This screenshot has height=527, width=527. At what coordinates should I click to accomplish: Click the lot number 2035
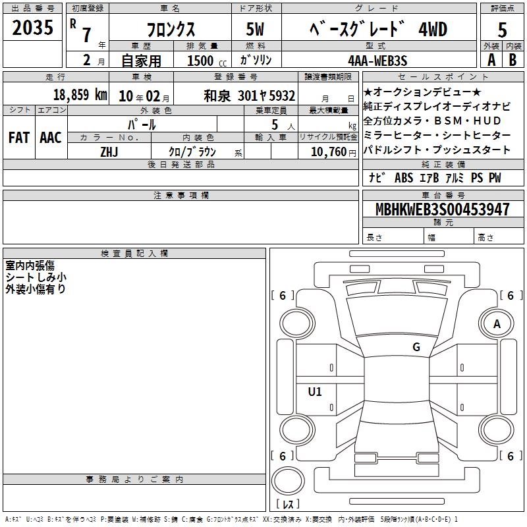click(x=32, y=28)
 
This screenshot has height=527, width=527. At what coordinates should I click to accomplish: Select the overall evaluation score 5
click(x=502, y=30)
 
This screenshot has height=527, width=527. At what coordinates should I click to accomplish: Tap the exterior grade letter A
click(x=491, y=60)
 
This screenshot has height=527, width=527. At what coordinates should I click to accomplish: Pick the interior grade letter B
click(x=513, y=60)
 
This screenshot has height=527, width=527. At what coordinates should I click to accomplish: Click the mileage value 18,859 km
click(x=80, y=95)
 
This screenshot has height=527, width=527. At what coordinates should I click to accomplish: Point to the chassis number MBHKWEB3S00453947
click(x=442, y=209)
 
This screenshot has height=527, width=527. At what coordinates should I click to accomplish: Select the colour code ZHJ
click(x=109, y=152)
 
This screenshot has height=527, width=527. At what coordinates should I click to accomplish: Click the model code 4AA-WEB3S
click(x=377, y=61)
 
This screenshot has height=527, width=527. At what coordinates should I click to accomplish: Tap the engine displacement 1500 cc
click(x=207, y=61)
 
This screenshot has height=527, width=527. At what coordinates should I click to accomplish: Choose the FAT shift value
click(x=19, y=138)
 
